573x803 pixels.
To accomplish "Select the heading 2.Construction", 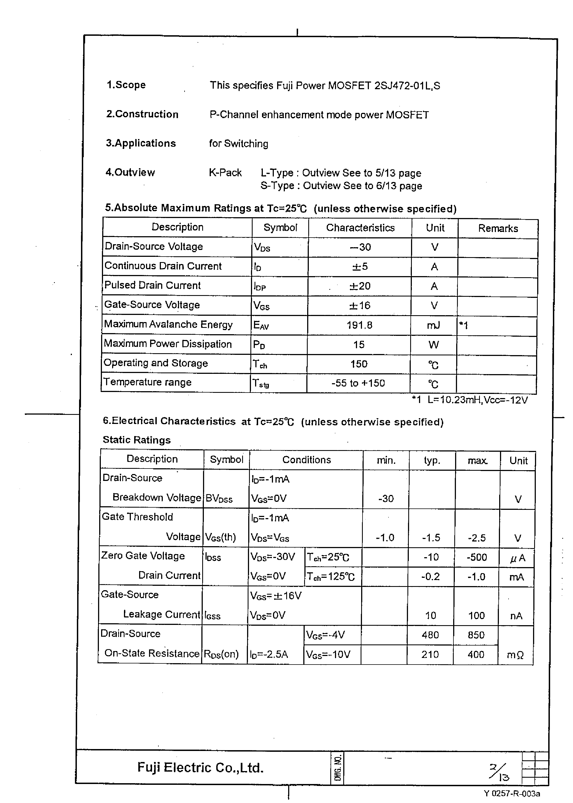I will [x=142, y=114].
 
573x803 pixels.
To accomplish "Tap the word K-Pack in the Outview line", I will [x=225, y=173].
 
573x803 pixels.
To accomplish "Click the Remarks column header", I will [x=498, y=228].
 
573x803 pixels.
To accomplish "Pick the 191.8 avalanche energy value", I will [x=359, y=325].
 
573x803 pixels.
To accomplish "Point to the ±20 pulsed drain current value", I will [x=360, y=286].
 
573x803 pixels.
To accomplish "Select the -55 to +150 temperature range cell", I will [x=358, y=383].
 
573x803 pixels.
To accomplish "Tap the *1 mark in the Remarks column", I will [x=463, y=325].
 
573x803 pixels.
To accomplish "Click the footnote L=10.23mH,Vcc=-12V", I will [x=477, y=400].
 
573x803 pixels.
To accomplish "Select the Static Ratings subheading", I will [x=137, y=440].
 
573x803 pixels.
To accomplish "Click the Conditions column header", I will [x=306, y=460].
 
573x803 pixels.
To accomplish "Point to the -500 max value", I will [x=476, y=557].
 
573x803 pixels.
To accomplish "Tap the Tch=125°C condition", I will [x=330, y=577].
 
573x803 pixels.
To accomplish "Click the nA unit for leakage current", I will [x=516, y=616].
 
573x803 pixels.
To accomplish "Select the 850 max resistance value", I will [x=476, y=635].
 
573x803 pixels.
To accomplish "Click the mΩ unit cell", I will [x=515, y=655].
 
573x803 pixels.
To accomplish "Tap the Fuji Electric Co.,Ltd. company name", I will [x=200, y=767].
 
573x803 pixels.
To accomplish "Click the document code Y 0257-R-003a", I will [x=512, y=793].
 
